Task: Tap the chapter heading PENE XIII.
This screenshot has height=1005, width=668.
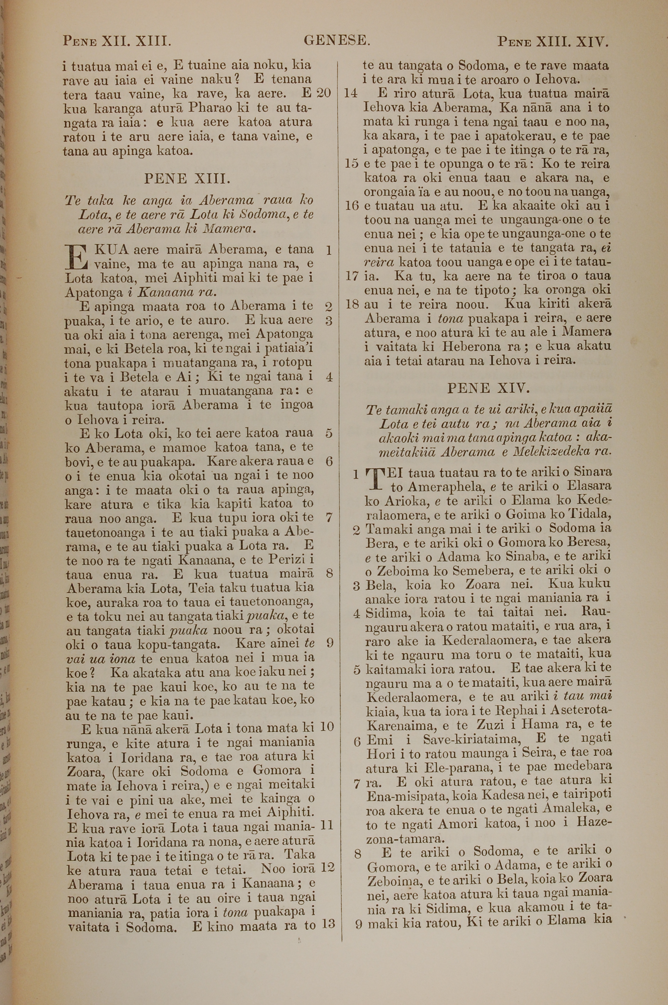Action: [187, 178]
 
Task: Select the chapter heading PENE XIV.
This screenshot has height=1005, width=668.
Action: [488, 388]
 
